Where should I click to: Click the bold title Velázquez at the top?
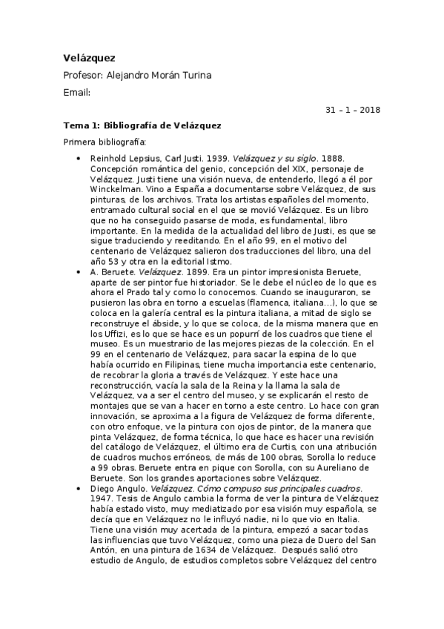tap(89, 57)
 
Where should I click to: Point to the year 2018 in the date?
tap(368, 110)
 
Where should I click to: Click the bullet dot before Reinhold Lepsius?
tap(79, 159)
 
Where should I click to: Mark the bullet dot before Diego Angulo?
tap(79, 490)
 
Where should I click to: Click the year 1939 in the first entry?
tap(216, 159)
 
